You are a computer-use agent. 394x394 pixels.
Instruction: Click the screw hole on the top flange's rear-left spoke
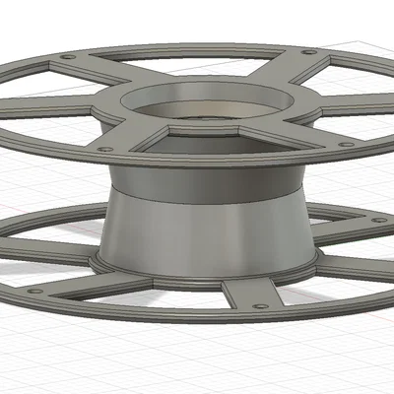66,57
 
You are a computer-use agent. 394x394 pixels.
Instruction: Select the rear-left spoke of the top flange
98,72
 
